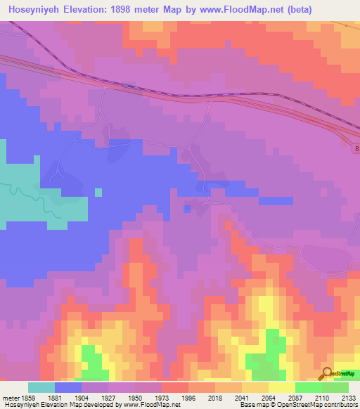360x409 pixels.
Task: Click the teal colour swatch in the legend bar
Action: click(x=41, y=387)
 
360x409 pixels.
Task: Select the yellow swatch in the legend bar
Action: click(x=281, y=387)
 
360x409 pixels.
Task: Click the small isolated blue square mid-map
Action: click(x=186, y=208)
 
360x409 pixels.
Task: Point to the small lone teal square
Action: click(x=98, y=192)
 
